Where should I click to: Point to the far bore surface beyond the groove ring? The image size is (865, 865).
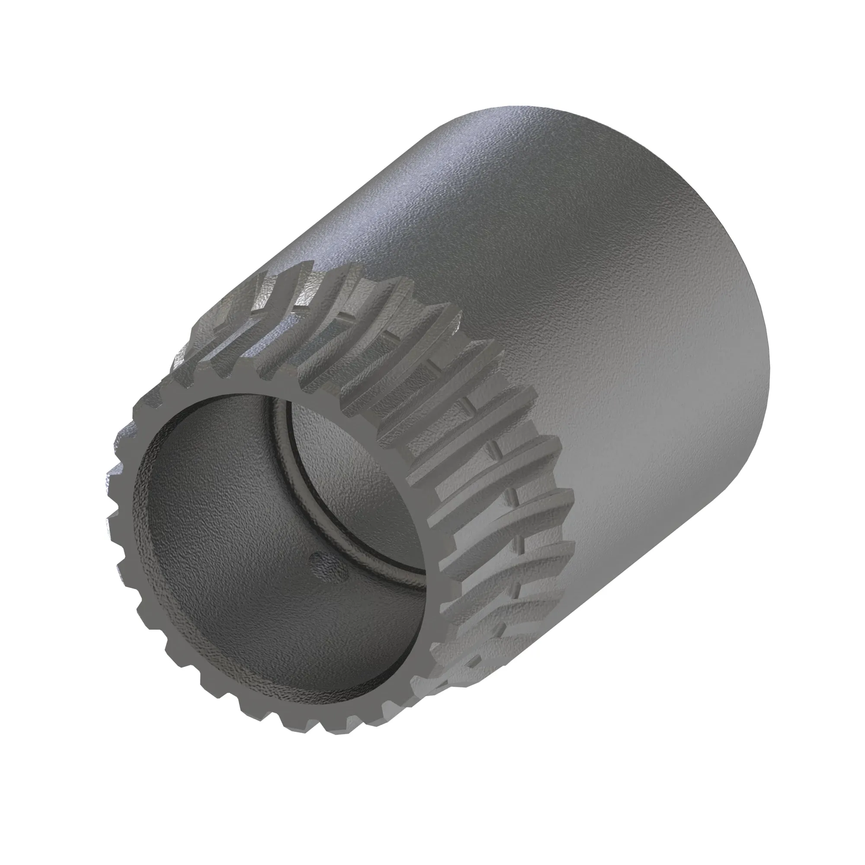point(340,474)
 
